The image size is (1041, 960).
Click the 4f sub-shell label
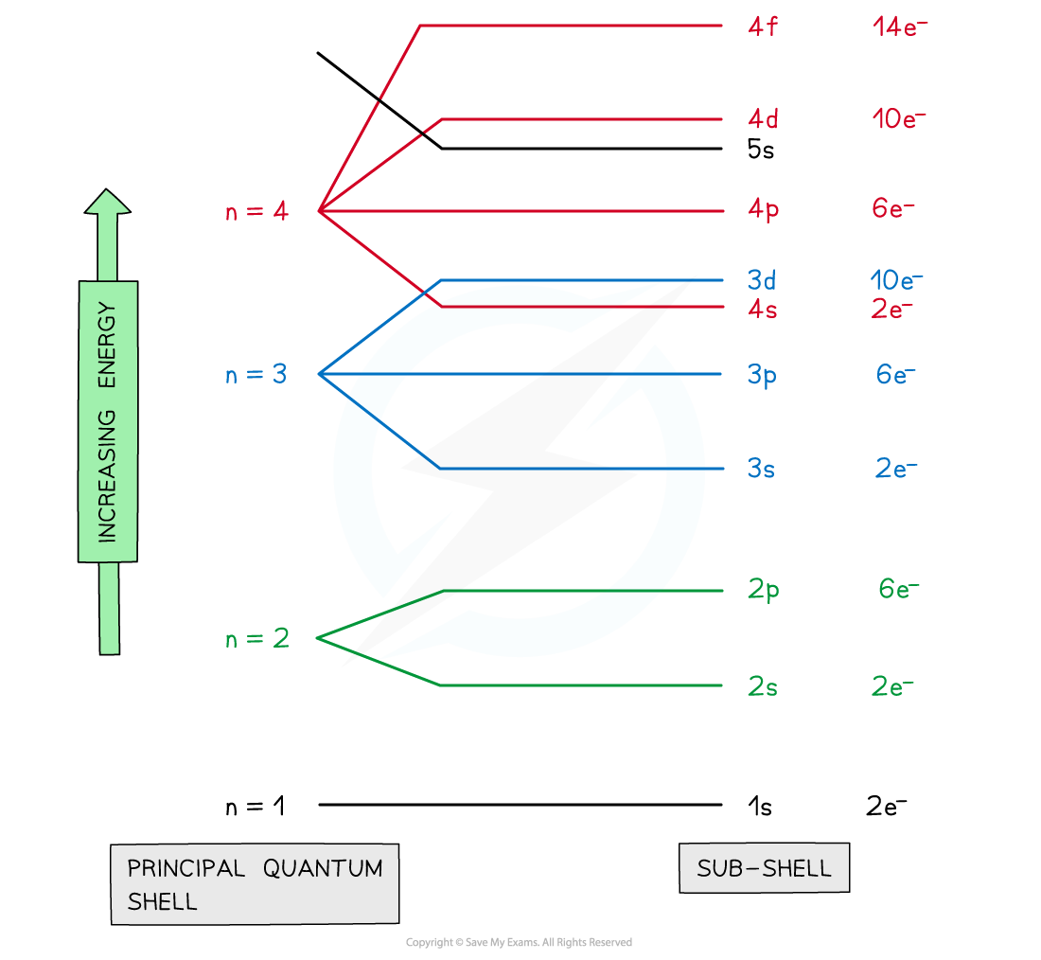(762, 27)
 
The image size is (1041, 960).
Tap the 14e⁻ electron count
(900, 27)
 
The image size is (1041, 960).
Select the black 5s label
(761, 149)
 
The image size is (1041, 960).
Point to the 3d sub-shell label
(762, 279)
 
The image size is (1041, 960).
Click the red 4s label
(762, 309)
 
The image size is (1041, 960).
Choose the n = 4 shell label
(256, 211)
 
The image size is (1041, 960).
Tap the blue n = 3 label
(256, 374)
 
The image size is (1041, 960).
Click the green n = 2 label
(257, 638)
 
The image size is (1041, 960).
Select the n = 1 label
(256, 806)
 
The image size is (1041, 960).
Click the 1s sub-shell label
(760, 807)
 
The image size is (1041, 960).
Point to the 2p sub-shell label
(764, 590)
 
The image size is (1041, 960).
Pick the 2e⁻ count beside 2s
(892, 686)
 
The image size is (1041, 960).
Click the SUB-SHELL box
(764, 867)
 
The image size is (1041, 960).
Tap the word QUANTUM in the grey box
(323, 868)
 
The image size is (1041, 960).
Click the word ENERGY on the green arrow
(107, 345)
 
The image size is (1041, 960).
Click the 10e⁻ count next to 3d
(896, 279)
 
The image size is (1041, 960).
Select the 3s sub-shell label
(761, 469)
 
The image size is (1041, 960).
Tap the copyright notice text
(519, 942)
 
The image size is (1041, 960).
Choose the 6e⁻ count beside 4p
(893, 208)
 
